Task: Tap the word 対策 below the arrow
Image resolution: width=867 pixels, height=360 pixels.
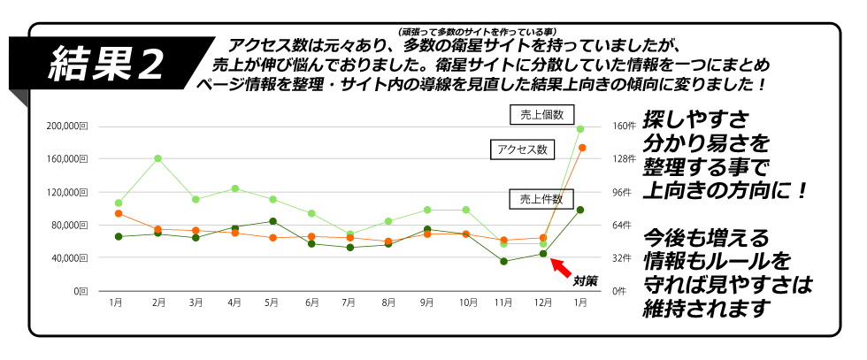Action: (585, 281)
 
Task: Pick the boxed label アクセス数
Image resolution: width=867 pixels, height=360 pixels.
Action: (522, 149)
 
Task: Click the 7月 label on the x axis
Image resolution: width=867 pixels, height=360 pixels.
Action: (350, 303)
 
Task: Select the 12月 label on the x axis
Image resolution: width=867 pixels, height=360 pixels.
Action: (542, 303)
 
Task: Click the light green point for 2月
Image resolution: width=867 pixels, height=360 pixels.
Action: (157, 158)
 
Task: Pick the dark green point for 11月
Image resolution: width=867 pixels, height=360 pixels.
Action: (503, 261)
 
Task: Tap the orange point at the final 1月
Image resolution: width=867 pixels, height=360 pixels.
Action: (581, 148)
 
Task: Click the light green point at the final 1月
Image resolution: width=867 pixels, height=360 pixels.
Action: (580, 129)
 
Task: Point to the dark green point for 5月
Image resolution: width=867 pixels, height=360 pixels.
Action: (273, 221)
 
